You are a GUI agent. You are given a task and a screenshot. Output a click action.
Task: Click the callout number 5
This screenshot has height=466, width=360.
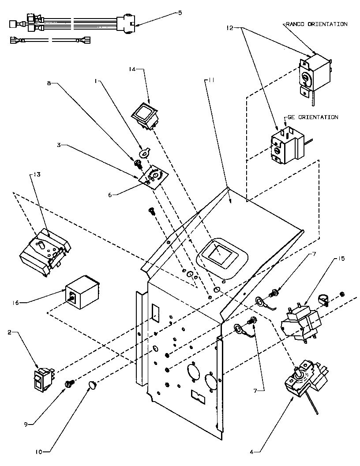pos(179,13)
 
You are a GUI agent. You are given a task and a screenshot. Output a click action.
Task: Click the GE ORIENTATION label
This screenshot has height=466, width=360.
pos(313,117)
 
